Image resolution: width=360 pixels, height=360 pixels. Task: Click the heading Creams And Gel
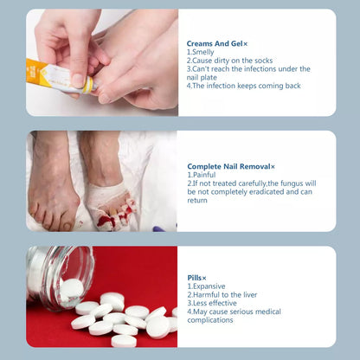(214, 43)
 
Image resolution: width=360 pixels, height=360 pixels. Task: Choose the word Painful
(205, 175)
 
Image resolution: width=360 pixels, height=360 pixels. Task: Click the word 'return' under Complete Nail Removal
(198, 200)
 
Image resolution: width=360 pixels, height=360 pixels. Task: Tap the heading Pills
(195, 278)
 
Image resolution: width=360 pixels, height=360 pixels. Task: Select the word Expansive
(209, 286)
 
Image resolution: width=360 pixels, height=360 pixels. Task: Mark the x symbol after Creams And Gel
(246, 43)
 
